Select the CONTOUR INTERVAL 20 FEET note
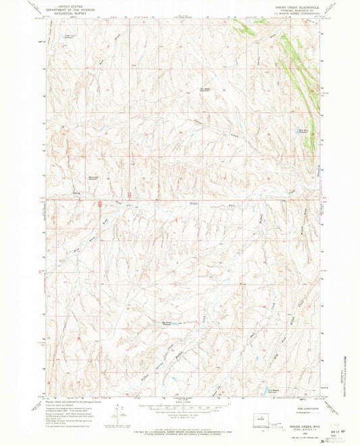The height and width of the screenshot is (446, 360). pyautogui.click(x=180, y=420)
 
